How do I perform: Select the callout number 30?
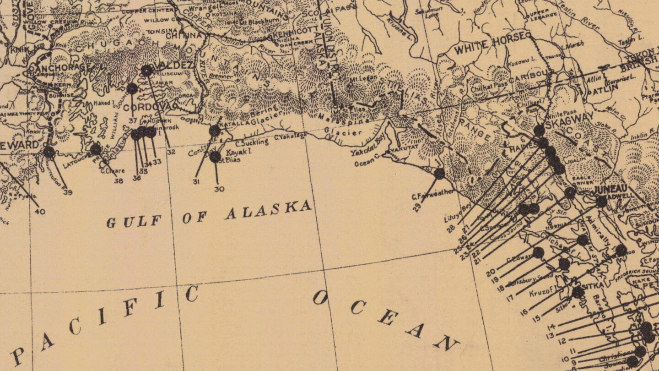coord(219,189)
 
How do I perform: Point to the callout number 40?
coord(40,211)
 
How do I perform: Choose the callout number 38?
coord(119,180)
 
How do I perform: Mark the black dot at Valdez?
coord(146,71)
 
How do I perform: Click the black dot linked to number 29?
coord(439,174)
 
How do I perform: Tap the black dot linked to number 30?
coord(215,157)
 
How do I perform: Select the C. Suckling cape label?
coord(252,142)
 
